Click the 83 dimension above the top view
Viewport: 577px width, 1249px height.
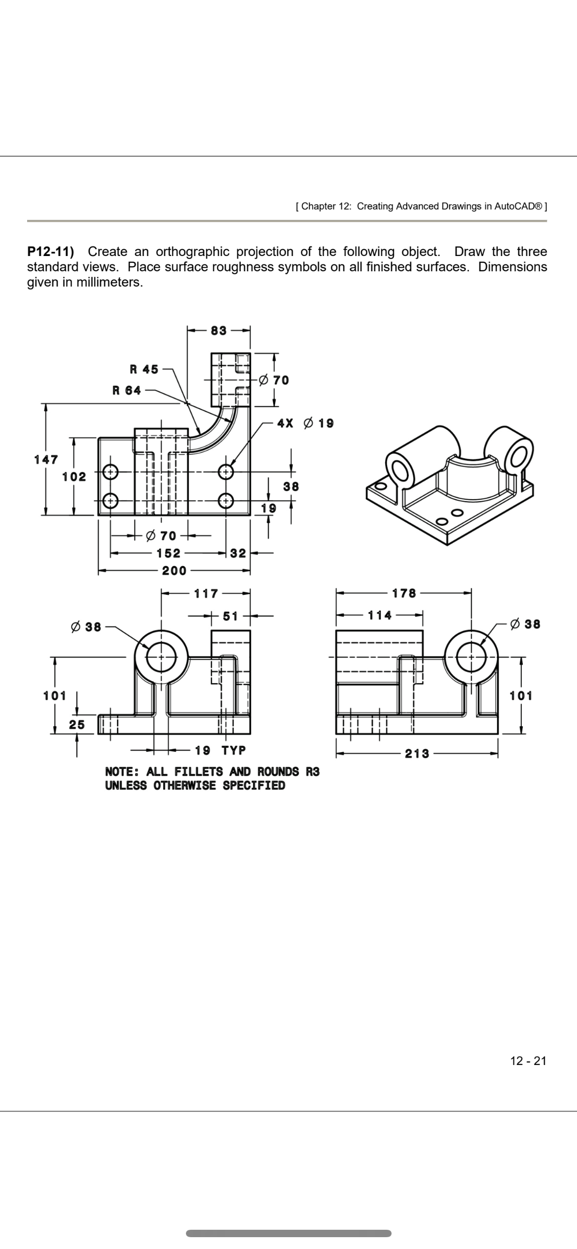click(219, 331)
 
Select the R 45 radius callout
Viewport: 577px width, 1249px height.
click(144, 369)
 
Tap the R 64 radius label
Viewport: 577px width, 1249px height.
click(127, 391)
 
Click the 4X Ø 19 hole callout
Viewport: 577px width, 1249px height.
click(305, 423)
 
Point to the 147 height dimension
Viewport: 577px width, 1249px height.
click(46, 460)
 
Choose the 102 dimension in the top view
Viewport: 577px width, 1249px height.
click(74, 477)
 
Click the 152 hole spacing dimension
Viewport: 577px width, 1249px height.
click(169, 553)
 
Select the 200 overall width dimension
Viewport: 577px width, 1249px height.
click(175, 571)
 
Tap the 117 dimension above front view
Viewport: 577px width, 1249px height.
click(206, 593)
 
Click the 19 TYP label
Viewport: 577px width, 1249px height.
click(220, 751)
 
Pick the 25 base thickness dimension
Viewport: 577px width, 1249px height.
click(76, 725)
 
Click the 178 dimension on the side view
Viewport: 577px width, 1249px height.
click(404, 593)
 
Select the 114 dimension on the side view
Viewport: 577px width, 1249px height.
click(380, 615)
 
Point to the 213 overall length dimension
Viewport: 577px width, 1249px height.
click(417, 754)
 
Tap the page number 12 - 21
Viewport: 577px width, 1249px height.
click(528, 1061)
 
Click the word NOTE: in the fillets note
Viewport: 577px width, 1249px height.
click(123, 771)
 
